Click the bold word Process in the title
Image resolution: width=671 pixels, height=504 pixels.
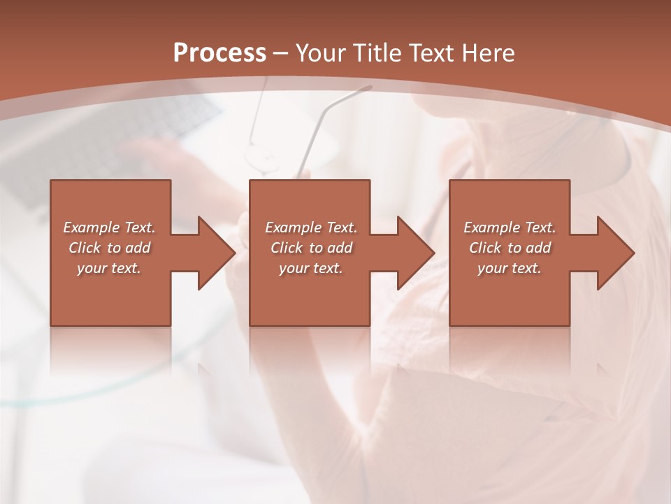tap(219, 52)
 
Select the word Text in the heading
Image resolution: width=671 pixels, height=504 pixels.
tap(432, 52)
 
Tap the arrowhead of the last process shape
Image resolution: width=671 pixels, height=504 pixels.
tap(614, 253)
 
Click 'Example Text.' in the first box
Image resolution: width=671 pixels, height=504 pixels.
tap(109, 227)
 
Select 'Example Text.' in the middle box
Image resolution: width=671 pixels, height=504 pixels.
tap(311, 227)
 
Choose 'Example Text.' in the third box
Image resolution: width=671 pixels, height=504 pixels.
tap(510, 227)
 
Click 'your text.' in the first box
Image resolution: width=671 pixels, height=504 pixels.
tap(109, 268)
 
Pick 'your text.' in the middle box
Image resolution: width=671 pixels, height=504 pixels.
tap(311, 268)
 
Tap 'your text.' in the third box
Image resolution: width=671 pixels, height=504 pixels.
tap(510, 268)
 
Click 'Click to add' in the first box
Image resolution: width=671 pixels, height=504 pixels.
tap(109, 248)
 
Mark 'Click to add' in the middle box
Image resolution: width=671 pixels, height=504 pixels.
tap(311, 248)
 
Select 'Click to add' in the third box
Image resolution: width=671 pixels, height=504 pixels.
tap(510, 248)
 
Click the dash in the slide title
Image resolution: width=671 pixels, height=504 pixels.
tap(281, 53)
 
